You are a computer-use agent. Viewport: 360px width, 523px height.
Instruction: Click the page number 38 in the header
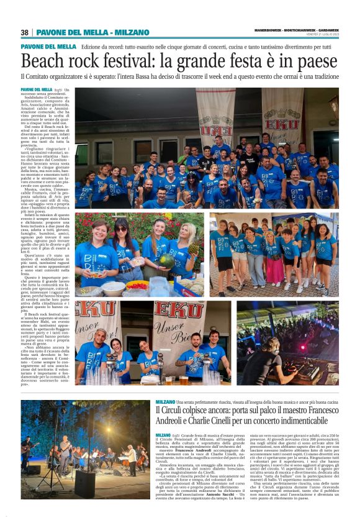[25, 32]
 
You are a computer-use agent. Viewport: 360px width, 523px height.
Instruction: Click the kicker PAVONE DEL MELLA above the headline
[48, 47]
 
